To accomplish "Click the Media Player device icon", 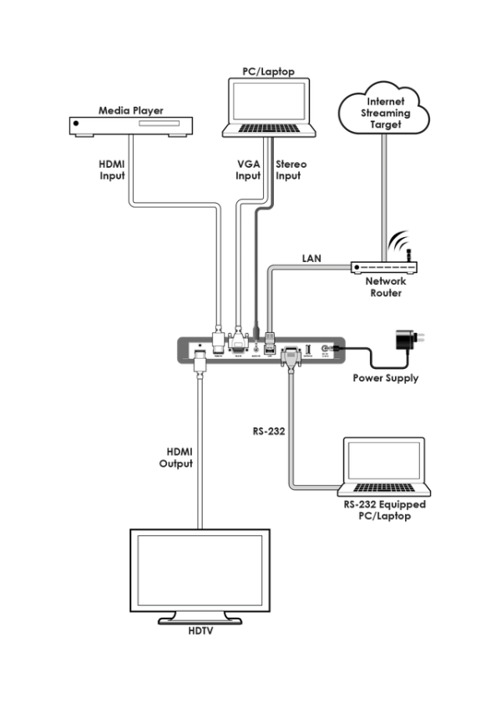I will point(131,126).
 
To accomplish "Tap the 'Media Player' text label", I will point(131,110).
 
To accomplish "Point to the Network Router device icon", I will point(385,267).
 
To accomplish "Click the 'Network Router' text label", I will point(385,288).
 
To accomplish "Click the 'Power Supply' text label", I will point(386,379).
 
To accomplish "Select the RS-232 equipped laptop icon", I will point(385,467).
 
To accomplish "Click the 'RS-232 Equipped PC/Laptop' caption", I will point(385,511).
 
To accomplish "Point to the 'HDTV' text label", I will point(200,632).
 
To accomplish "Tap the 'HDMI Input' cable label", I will point(111,169).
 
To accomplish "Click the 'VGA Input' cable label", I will point(249,169).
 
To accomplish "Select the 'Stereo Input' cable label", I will point(291,169).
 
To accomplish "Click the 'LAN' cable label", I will point(311,259).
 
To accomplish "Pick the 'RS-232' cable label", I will point(269,432).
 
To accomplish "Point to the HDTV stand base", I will point(200,619).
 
